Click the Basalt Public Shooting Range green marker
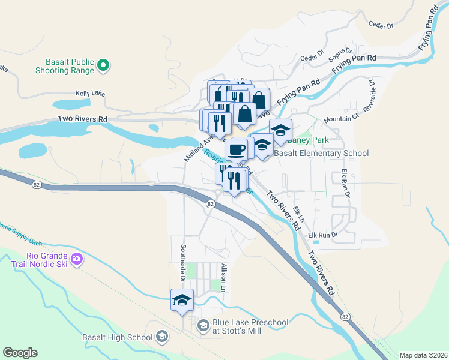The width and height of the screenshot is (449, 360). (x=103, y=64)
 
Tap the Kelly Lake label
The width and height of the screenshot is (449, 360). (x=91, y=94)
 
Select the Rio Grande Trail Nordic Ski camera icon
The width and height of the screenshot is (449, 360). (x=76, y=259)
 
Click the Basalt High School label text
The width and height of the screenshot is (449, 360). (x=118, y=337)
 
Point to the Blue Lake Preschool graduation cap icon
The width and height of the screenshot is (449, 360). (x=203, y=326)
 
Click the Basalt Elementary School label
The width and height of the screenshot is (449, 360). (x=321, y=153)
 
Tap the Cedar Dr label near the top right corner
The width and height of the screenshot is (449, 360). (x=381, y=26)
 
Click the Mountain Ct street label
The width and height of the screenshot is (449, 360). (x=337, y=119)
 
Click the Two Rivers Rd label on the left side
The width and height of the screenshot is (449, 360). (x=82, y=119)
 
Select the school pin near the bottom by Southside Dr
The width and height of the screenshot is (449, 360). (x=181, y=300)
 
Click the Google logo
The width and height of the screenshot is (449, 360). (x=20, y=353)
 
